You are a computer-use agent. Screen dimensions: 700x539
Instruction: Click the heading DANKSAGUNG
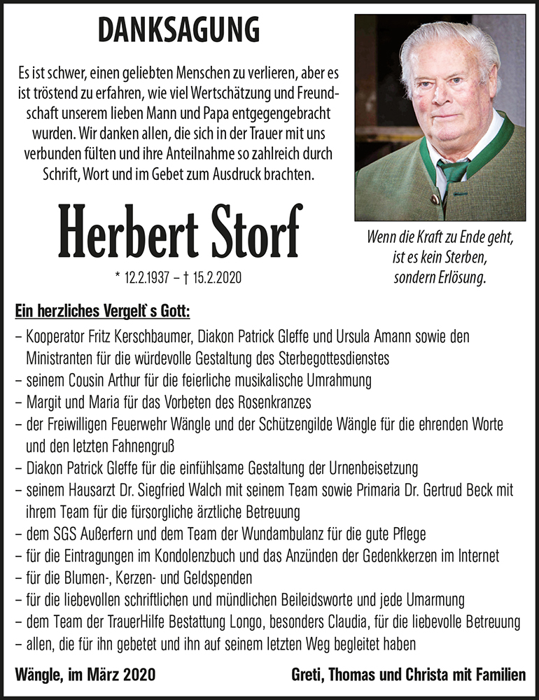[179, 31]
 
